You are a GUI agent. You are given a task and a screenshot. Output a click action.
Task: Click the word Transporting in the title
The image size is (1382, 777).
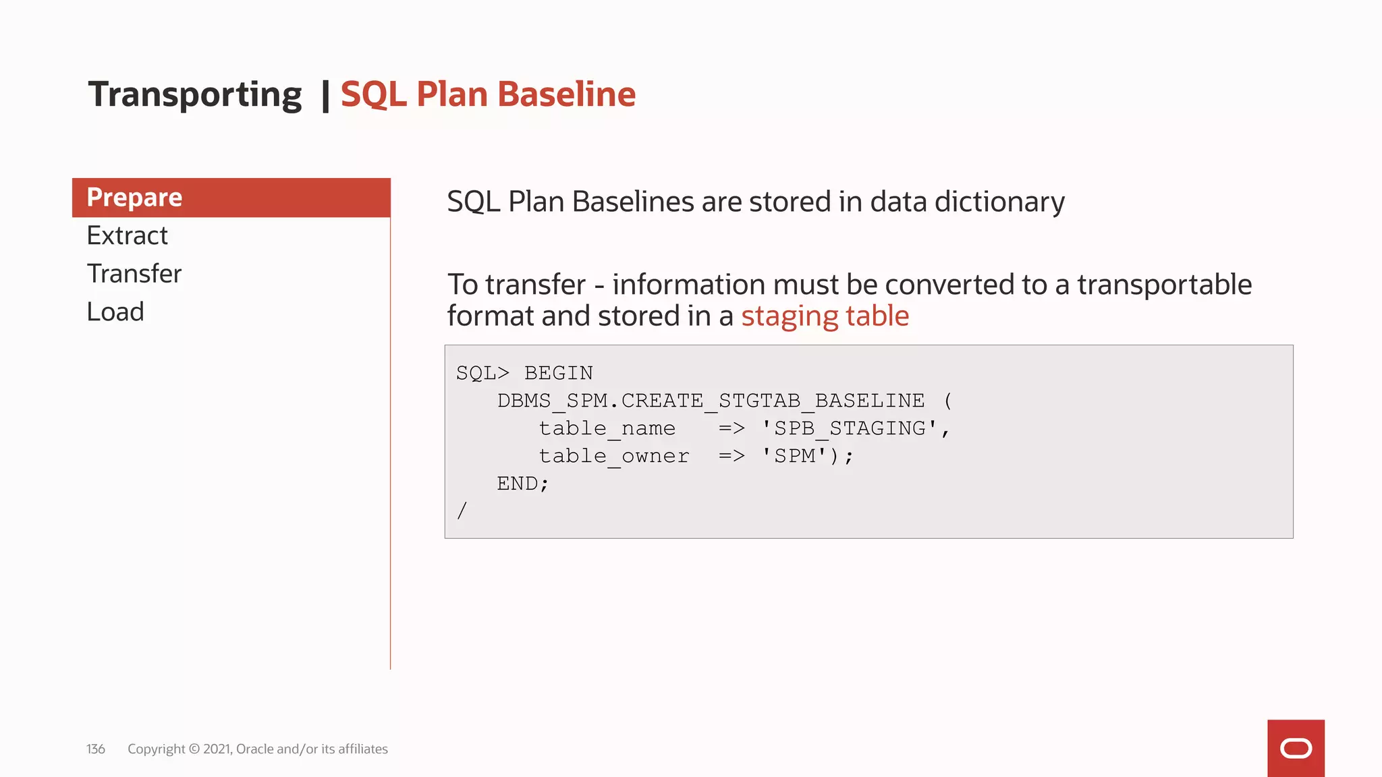pos(195,94)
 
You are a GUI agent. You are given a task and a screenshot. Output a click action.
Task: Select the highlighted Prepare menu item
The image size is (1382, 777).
pos(231,198)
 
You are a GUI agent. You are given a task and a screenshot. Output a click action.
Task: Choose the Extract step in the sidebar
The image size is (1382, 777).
pos(127,235)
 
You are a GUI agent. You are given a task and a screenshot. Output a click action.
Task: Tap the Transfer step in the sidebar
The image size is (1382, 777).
pos(134,274)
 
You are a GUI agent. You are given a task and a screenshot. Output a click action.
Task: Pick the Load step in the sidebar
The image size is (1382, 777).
pos(115,312)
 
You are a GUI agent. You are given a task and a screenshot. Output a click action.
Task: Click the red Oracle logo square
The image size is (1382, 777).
pos(1296,748)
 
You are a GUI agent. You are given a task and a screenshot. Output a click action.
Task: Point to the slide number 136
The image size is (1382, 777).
pos(96,749)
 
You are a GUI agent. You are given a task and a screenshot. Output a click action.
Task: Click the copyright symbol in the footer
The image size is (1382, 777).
pos(194,749)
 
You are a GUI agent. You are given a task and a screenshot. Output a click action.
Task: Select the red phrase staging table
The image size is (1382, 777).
pos(825,316)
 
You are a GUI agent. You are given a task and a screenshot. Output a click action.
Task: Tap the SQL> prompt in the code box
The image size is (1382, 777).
pos(482,373)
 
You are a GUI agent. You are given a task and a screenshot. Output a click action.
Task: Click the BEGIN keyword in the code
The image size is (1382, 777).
pos(559,373)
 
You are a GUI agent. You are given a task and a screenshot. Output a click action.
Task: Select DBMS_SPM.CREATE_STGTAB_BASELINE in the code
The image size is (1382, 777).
pos(711,401)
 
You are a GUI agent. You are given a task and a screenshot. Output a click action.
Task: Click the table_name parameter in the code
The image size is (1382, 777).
pos(607,428)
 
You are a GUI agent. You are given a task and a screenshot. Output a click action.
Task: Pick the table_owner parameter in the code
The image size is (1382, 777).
pos(613,456)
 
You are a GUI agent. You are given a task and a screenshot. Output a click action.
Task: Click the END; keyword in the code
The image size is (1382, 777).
pos(523,484)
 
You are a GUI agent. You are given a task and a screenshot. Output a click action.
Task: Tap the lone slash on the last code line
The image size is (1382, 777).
pos(462,511)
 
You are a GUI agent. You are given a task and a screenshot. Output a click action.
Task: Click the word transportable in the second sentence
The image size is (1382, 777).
pos(1164,285)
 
